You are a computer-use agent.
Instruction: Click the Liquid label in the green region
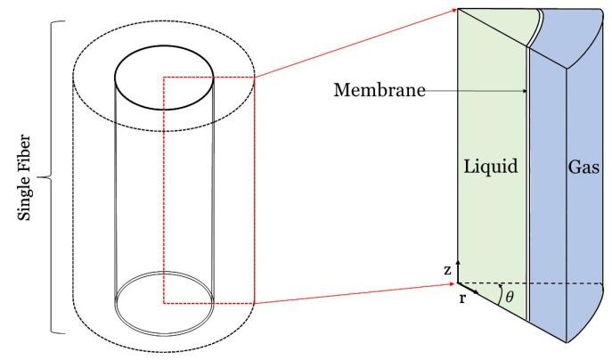click(x=491, y=167)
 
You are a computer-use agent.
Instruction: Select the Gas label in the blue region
click(x=583, y=167)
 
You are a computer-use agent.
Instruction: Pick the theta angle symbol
click(x=510, y=297)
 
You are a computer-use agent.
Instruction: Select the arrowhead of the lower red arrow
click(x=453, y=283)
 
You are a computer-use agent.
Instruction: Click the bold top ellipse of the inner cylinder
click(x=164, y=61)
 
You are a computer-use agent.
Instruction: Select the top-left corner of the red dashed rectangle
click(x=164, y=78)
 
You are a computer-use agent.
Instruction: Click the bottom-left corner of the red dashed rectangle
click(x=164, y=302)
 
